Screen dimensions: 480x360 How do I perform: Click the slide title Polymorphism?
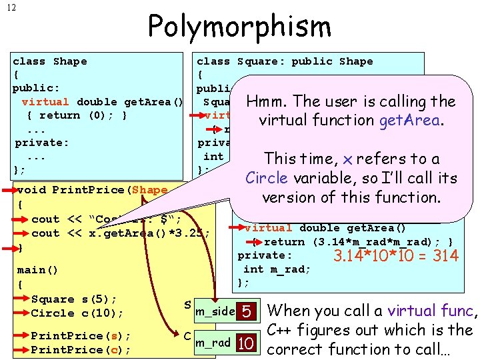point(239,27)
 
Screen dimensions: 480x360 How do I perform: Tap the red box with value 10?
point(247,343)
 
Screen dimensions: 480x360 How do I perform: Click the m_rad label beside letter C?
point(213,343)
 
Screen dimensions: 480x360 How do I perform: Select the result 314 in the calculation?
point(443,255)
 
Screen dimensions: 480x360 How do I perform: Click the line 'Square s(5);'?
point(74,299)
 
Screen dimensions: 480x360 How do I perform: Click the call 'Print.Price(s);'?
point(81,335)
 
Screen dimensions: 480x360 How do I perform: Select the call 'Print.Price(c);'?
point(81,349)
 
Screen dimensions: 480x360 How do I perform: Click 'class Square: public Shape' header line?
point(285,61)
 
